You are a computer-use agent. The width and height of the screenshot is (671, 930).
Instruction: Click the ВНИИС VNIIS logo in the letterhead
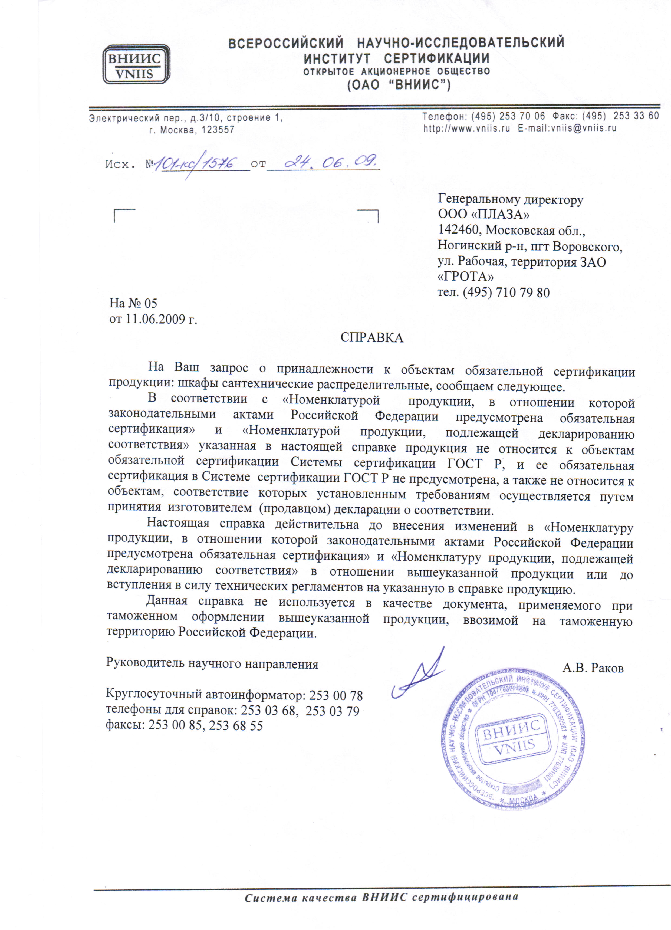(136, 65)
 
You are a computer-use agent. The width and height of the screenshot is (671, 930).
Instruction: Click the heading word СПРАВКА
(371, 337)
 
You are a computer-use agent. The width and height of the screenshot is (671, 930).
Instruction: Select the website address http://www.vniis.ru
(466, 128)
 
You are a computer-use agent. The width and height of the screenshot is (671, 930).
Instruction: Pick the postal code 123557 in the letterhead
(218, 130)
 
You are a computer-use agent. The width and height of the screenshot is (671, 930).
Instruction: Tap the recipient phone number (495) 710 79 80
(506, 293)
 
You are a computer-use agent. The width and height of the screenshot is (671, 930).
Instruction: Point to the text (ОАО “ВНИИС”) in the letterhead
(399, 85)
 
